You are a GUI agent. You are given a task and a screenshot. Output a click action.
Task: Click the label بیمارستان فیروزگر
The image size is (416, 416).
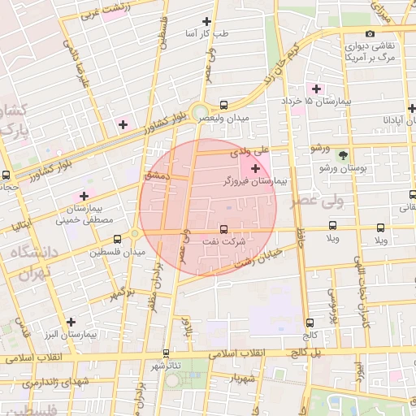coord(255,184)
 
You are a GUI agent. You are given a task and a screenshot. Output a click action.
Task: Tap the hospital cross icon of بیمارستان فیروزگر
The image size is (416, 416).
coord(256,169)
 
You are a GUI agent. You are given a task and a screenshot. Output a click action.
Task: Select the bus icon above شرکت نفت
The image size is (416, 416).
coord(224,228)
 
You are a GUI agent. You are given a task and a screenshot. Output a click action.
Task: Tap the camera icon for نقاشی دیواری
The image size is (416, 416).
coord(370,34)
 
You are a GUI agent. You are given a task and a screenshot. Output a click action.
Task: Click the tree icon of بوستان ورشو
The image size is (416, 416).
coord(344,154)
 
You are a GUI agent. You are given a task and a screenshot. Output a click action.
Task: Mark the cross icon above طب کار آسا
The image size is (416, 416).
coord(206,22)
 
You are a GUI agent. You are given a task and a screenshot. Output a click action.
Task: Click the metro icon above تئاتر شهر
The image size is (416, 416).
coord(167,353)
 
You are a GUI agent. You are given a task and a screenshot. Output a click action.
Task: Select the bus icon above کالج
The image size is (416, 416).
coord(310,323)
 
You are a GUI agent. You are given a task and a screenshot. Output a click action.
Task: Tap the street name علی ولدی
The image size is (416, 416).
coord(249,151)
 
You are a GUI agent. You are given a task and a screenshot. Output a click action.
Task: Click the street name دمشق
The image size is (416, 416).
coord(154,175)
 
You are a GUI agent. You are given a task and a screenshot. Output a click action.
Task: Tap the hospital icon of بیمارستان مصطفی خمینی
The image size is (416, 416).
coord(84,196)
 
